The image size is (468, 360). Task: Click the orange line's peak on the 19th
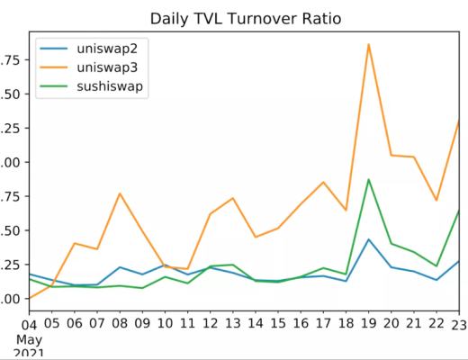pos(368,43)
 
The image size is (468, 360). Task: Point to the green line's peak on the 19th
pos(368,179)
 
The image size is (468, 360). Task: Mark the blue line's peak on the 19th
pos(368,239)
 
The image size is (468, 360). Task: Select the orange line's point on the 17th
pos(322,183)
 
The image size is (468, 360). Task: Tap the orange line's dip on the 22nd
pos(437,200)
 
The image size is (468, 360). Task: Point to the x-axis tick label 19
pos(368,323)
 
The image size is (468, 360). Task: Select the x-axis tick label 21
pos(413,323)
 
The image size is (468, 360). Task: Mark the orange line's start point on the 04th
pos(29,298)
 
